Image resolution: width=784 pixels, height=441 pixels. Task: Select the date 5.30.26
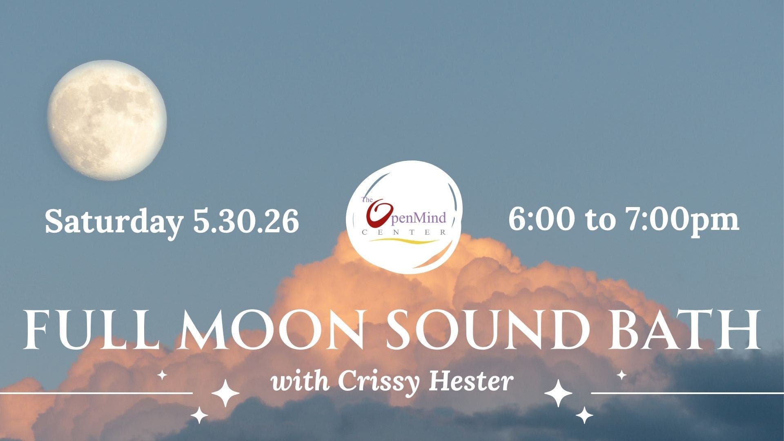[246, 221]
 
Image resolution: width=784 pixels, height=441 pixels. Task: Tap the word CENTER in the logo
[404, 232]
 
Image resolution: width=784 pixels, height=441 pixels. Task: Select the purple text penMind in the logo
[420, 218]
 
